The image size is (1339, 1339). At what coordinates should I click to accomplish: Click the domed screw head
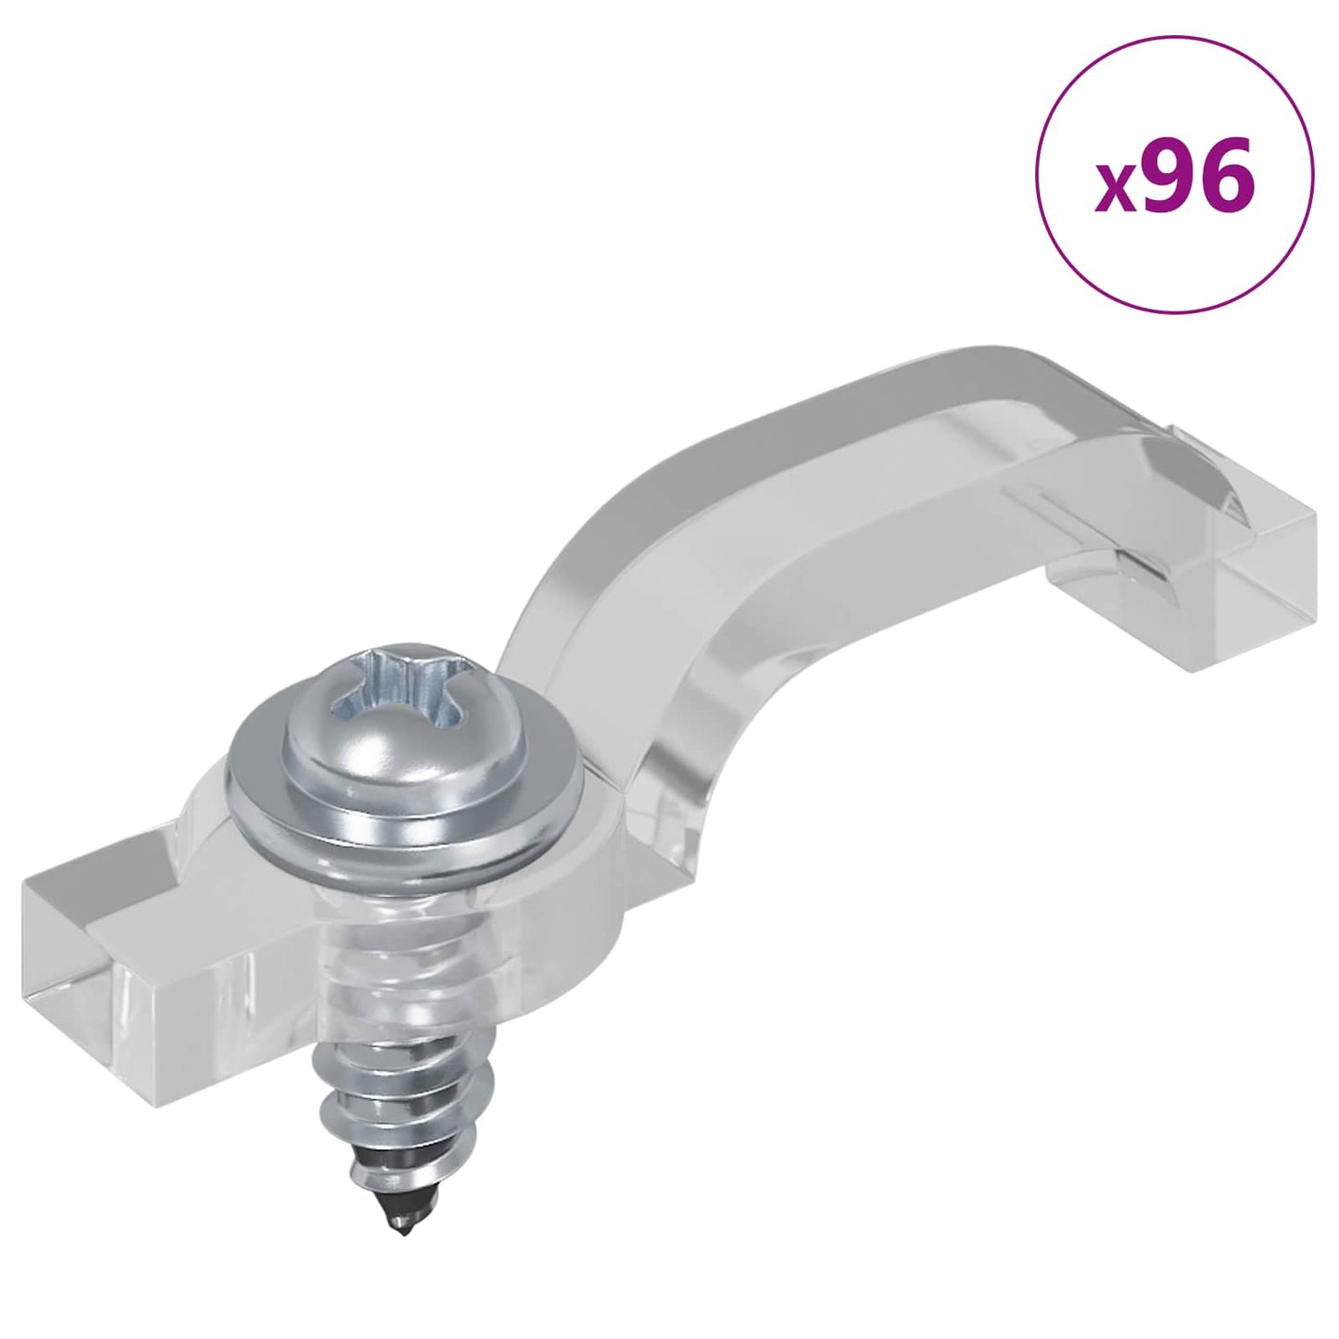coord(403,714)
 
